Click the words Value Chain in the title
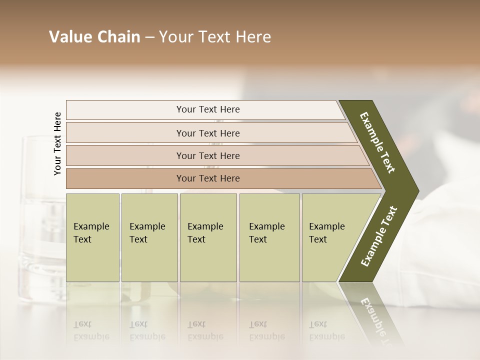pos(94,37)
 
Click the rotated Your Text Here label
pos(57,143)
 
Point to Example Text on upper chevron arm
pos(377,142)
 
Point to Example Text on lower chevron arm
pos(378,236)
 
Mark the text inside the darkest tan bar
pos(208,178)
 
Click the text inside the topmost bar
pos(208,109)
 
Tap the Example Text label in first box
pos(91,232)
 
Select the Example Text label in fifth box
pos(326,232)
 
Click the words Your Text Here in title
pos(215,37)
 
